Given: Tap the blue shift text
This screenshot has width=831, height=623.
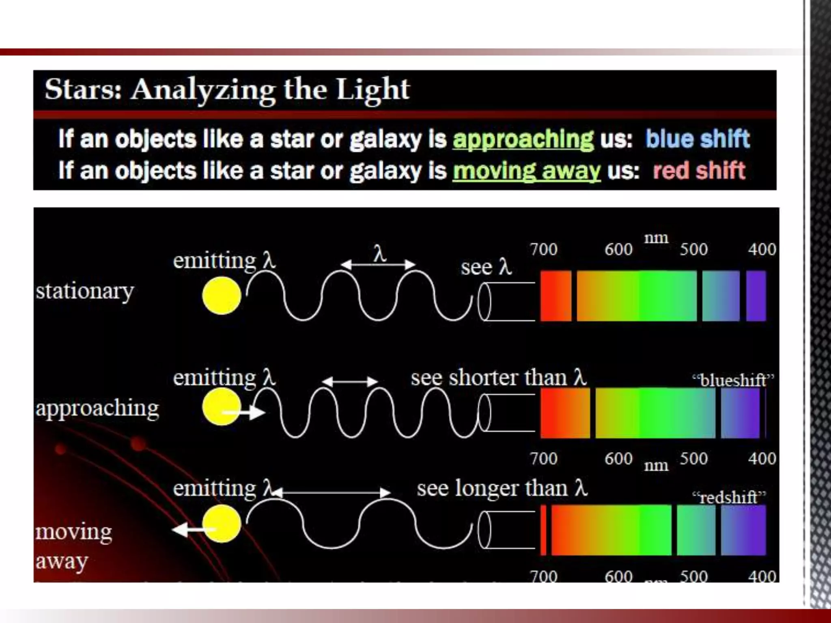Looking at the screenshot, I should tap(697, 139).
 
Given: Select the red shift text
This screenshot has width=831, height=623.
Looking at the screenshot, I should tap(699, 170).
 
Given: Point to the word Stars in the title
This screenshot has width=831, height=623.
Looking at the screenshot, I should tap(83, 89).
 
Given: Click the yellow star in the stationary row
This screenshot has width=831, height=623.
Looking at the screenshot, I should tap(222, 296).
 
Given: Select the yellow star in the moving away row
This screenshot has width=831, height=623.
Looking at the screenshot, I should tap(222, 524).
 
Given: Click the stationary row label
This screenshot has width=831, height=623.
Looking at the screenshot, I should tap(85, 291).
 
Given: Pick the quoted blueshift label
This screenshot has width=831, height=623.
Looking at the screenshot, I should tap(733, 380).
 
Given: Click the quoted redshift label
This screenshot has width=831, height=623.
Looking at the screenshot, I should tap(729, 497).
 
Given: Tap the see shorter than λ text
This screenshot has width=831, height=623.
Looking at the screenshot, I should tap(498, 378).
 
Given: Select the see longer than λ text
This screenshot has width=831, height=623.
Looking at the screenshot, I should tap(502, 488).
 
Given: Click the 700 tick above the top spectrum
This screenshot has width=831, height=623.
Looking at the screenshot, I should tap(544, 249).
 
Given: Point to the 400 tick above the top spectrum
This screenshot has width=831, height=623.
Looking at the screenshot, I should tap(762, 249).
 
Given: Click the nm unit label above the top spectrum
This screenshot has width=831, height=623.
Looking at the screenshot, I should tap(656, 238).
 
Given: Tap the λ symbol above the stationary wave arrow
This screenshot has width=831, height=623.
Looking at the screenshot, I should tap(379, 254).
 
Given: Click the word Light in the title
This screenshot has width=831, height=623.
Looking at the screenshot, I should tap(372, 89).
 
